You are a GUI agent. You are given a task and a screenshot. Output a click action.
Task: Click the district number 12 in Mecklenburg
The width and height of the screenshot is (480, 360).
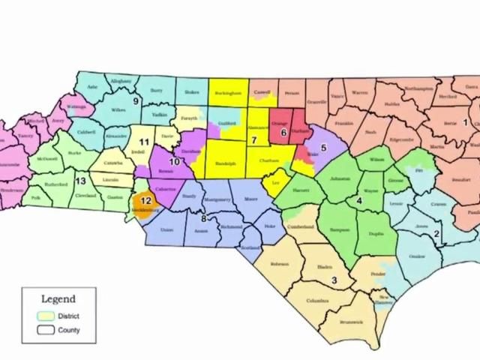tap(146, 200)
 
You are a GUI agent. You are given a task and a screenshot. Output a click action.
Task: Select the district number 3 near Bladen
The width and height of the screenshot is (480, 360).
tap(333, 280)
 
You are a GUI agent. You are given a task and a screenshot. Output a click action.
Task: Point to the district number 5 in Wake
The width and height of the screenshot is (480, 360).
tap(323, 148)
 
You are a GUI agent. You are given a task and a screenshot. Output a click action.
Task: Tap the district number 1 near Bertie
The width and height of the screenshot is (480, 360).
tap(465, 122)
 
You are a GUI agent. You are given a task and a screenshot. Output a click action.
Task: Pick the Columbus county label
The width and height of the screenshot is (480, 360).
tap(317, 301)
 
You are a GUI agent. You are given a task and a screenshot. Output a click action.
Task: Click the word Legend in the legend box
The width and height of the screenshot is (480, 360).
tap(58, 298)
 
